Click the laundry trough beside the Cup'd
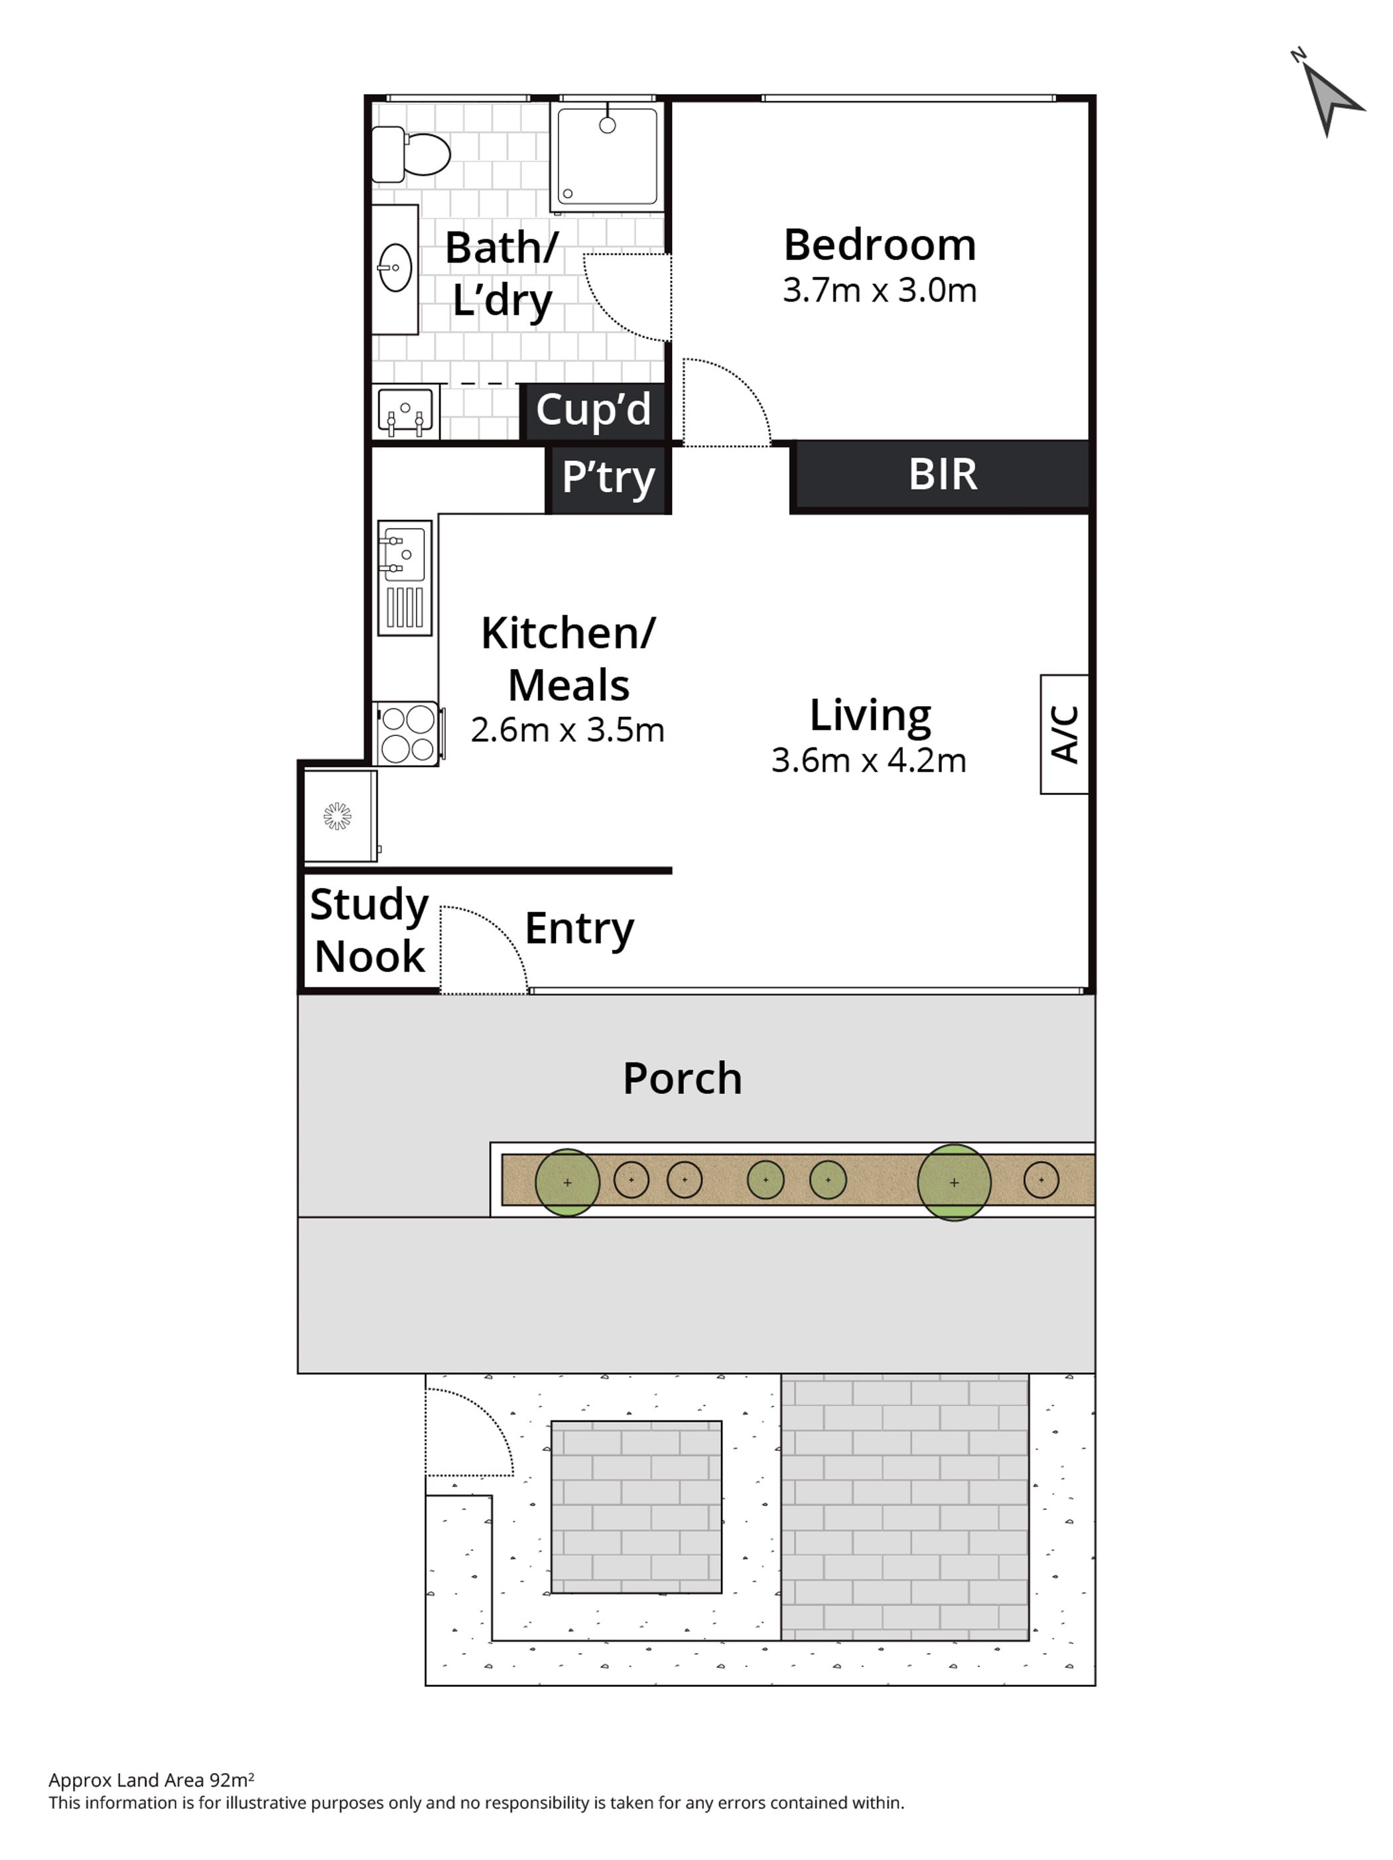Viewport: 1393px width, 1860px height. pos(405,412)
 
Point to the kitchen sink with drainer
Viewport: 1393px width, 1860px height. pos(405,577)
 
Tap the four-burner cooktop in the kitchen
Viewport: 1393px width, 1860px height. pos(408,733)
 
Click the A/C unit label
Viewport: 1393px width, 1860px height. pos(1064,734)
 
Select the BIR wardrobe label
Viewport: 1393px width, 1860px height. pos(942,474)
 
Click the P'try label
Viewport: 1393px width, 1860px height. pos(608,477)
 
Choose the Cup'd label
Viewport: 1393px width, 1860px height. pos(593,410)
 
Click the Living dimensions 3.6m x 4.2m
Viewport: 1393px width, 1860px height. pos(868,760)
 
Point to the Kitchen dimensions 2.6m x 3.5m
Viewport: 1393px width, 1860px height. pos(567,730)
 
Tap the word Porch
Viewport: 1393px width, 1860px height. pos(682,1078)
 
